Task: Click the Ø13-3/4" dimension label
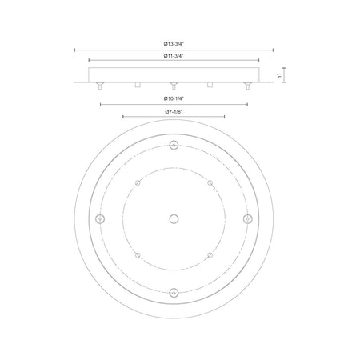pos(174,44)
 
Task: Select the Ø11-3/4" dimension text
pos(174,56)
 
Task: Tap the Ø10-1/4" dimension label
pos(174,98)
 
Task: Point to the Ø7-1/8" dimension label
pos(174,112)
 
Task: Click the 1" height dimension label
pos(279,76)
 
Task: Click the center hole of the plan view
pos(174,219)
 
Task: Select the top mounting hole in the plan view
pos(174,145)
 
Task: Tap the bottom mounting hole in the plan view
pos(174,293)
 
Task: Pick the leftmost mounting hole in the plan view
pos(100,219)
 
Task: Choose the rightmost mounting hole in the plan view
pos(248,219)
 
